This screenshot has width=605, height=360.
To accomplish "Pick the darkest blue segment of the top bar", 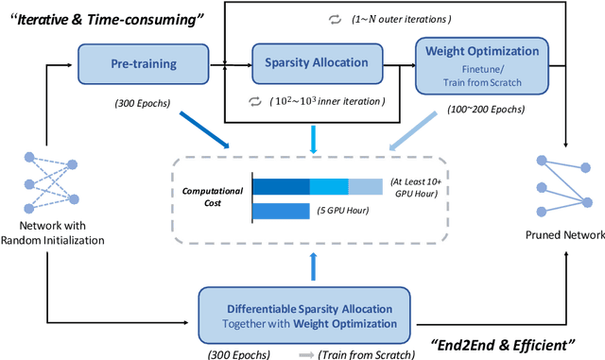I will (281, 185).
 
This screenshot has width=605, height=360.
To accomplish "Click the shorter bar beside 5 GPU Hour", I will (281, 210).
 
